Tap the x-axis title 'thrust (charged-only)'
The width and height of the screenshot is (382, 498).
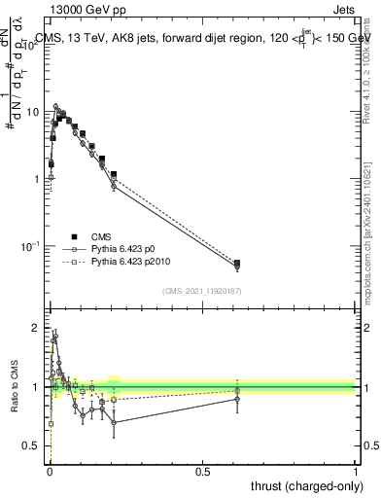click(x=304, y=483)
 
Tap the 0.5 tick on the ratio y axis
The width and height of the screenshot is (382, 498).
click(x=34, y=445)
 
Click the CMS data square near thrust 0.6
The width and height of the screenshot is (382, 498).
click(x=237, y=264)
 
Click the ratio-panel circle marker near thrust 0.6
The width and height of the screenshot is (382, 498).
click(x=237, y=399)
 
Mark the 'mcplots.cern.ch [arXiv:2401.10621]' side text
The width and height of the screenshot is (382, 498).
click(x=373, y=233)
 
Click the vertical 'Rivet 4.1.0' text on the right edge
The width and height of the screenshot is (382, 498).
click(x=373, y=58)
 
